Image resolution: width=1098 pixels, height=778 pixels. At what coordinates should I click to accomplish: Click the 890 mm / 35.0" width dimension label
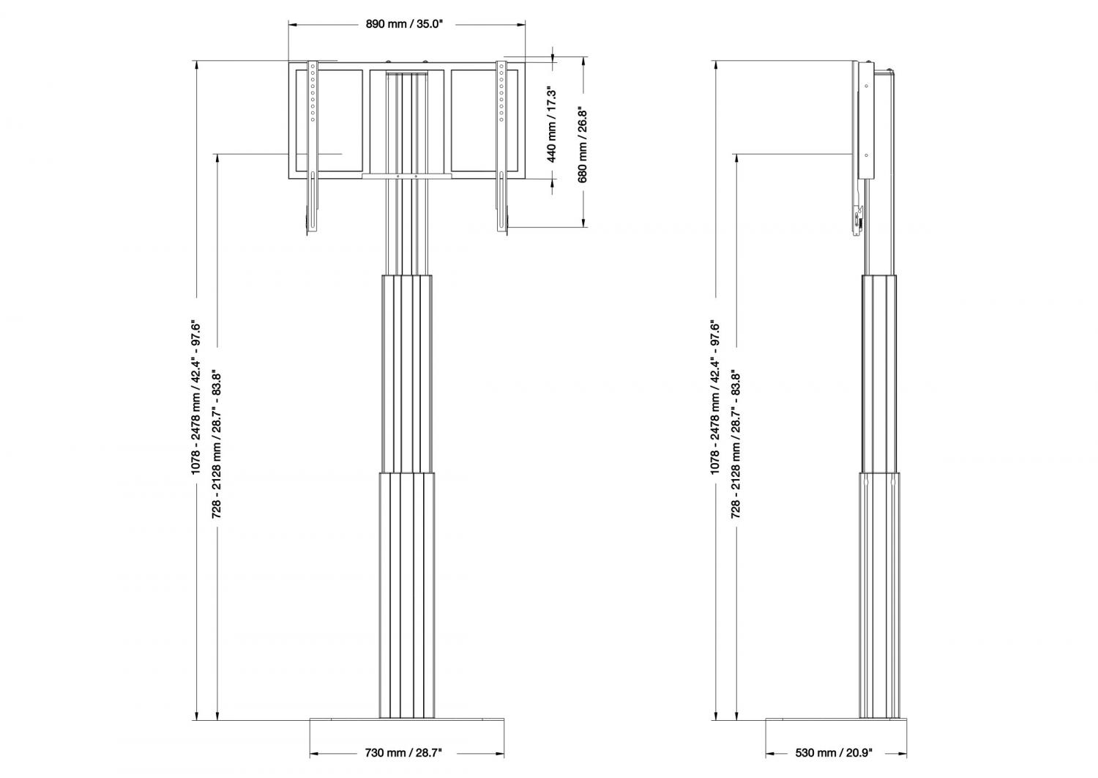(404, 24)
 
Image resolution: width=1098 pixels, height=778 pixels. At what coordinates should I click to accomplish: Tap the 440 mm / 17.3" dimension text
(551, 125)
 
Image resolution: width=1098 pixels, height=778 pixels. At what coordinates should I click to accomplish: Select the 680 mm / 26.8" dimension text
(583, 144)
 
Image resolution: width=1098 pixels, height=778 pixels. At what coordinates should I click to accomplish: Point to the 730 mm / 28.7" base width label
(403, 752)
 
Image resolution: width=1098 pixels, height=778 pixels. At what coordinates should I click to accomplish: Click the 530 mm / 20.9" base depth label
(834, 752)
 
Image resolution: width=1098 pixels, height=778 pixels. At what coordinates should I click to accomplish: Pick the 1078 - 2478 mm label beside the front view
(197, 396)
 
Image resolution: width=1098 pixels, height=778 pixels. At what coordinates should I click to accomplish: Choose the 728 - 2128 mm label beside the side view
(736, 445)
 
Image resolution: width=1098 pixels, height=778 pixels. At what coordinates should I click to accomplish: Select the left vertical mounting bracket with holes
(313, 147)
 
